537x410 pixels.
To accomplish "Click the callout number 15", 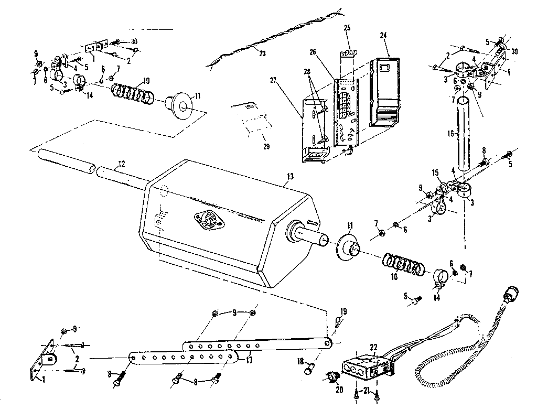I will [x=435, y=172].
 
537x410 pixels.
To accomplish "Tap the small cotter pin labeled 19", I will [x=336, y=321].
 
